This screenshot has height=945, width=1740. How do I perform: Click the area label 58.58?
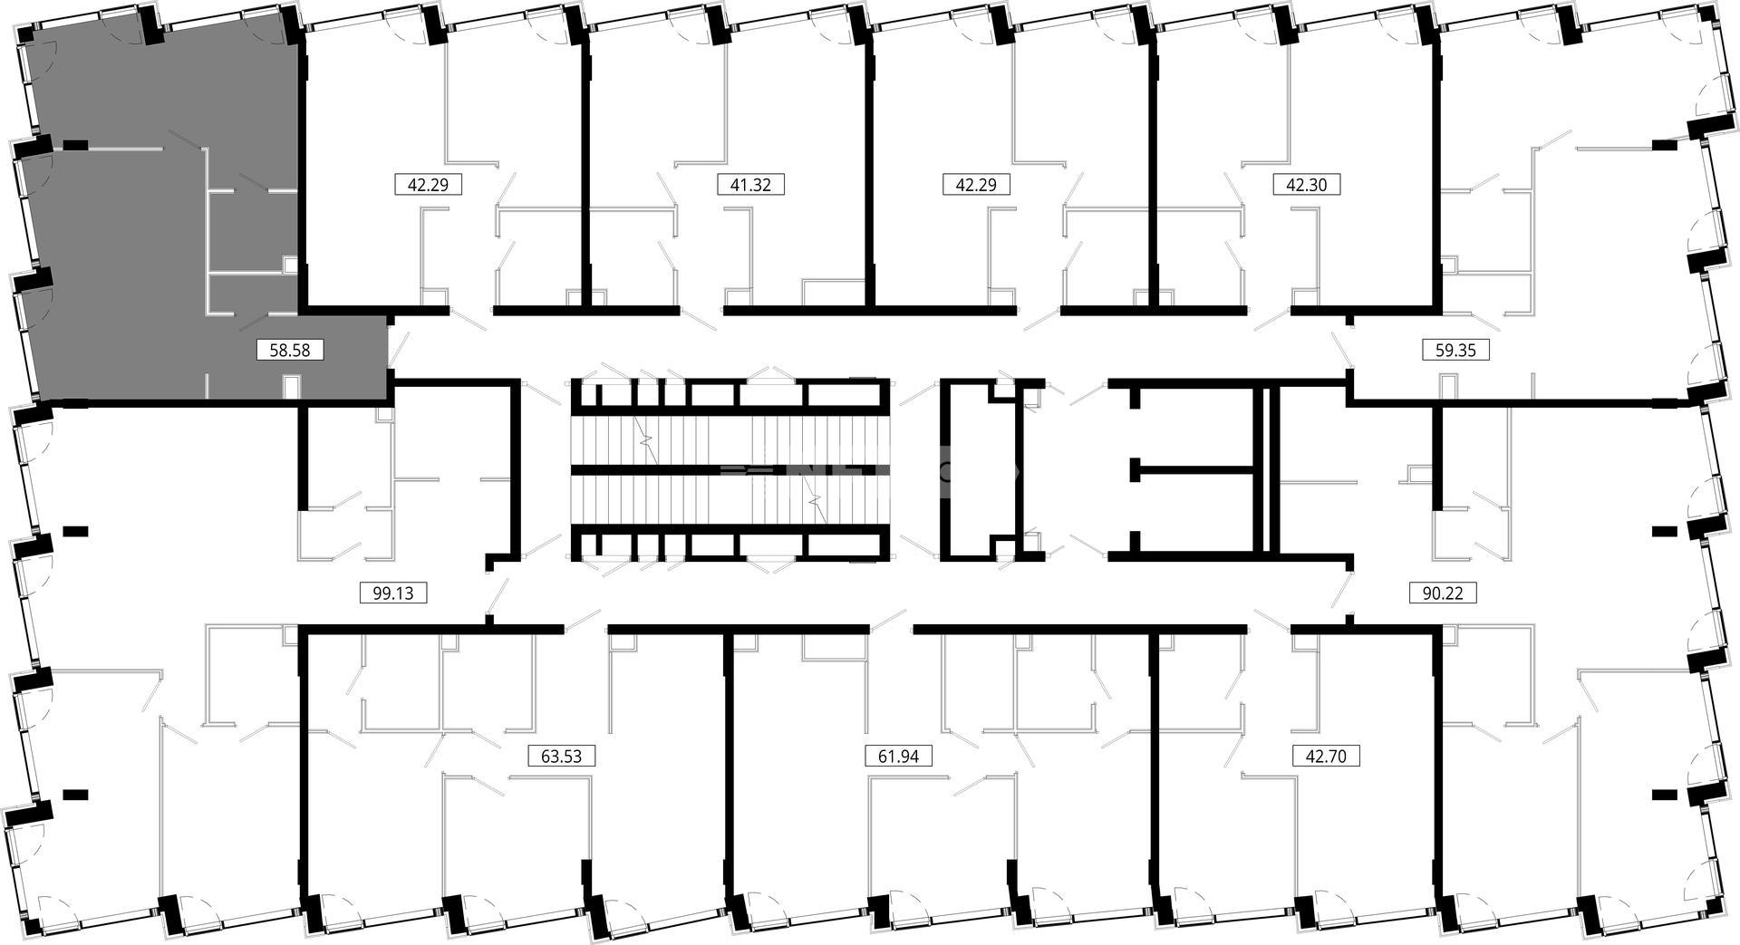290,350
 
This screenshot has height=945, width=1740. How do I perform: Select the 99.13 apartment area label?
393,593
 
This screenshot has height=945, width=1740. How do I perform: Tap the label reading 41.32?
750,185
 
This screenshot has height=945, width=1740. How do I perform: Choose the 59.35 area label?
1455,350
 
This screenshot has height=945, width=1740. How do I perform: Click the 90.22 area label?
1443,593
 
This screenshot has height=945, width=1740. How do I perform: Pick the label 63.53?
561,756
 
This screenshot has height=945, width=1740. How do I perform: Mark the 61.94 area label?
898,756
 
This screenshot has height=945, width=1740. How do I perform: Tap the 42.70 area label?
1326,756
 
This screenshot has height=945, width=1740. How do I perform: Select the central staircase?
728,469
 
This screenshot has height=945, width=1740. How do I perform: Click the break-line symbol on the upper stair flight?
647,441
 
